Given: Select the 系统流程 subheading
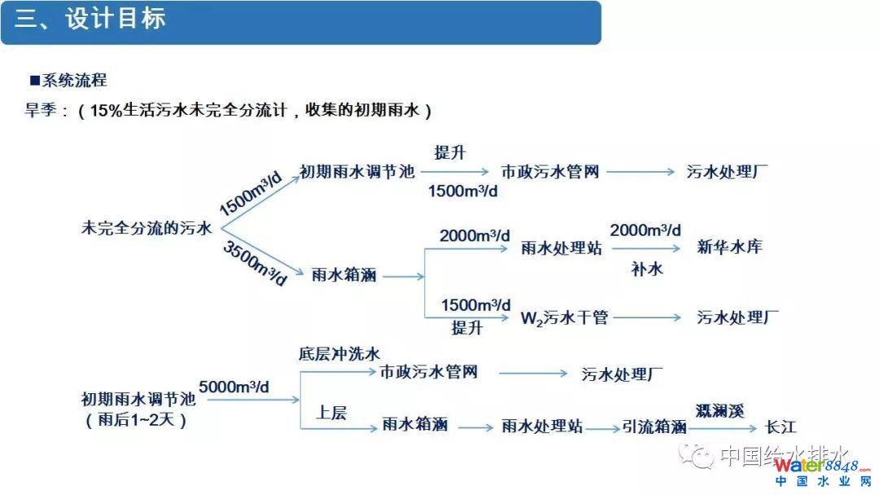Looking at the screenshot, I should (73, 80).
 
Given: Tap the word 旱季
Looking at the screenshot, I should (42, 111).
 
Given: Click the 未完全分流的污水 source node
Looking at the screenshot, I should (146, 228).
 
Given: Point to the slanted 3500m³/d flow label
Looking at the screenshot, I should (255, 262).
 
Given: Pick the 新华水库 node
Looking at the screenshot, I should (729, 246).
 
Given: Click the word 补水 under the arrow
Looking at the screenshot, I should (646, 269).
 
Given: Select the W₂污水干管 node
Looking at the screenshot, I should (564, 318).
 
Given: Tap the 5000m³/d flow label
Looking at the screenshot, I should (234, 387).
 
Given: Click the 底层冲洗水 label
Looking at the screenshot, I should (339, 353).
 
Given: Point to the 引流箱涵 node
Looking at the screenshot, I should (654, 427).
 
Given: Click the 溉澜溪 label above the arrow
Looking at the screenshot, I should (719, 410).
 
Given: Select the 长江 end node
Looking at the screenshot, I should (781, 427).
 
